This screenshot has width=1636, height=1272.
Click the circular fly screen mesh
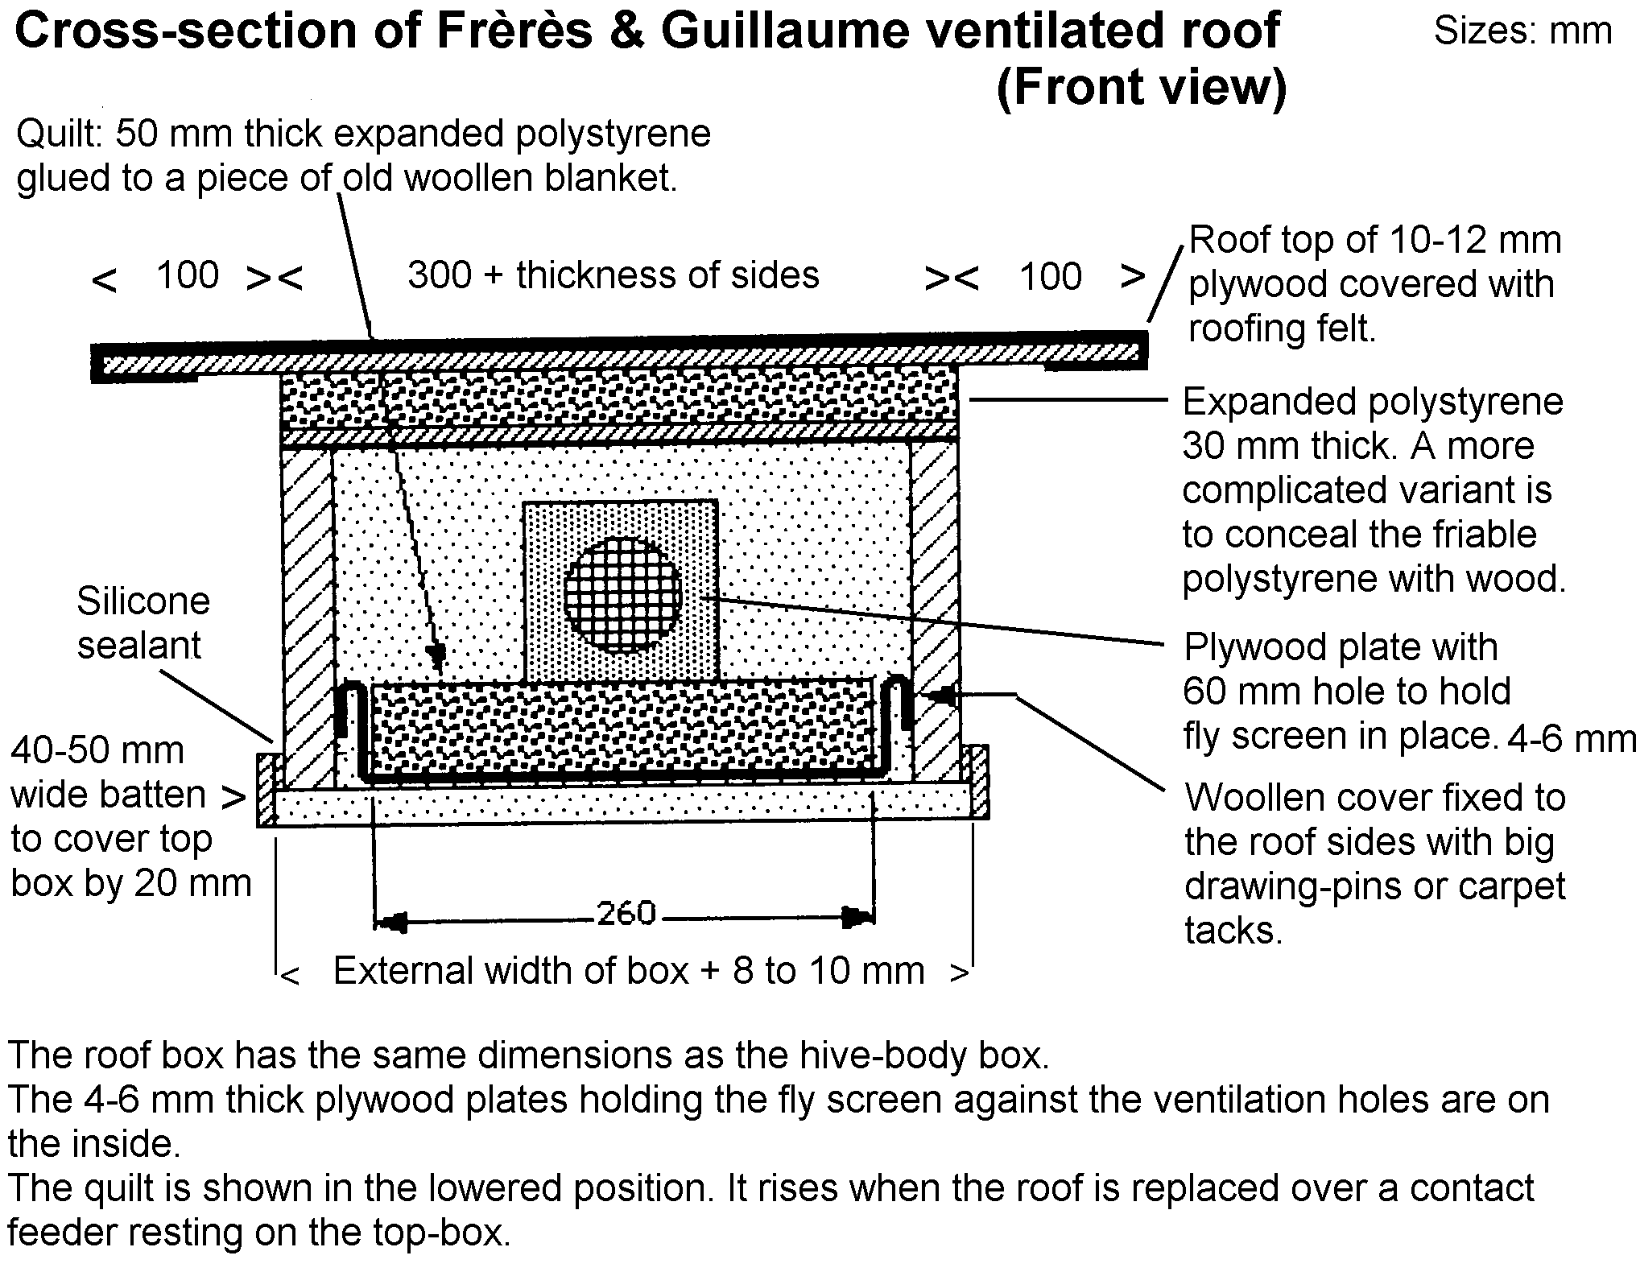click(x=622, y=595)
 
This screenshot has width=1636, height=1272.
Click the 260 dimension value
click(x=626, y=914)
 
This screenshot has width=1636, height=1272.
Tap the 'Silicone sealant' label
click(x=143, y=623)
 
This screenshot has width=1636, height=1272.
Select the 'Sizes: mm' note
click(x=1522, y=31)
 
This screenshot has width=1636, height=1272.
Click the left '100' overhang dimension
click(x=188, y=275)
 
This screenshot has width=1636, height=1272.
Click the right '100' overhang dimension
click(x=1050, y=277)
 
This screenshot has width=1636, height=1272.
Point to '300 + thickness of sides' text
click(x=613, y=275)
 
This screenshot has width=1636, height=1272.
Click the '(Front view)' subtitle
click(x=1141, y=87)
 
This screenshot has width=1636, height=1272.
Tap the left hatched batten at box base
click(x=266, y=789)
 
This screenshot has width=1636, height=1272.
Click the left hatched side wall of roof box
click(x=307, y=612)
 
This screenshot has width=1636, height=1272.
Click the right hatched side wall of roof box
click(x=935, y=612)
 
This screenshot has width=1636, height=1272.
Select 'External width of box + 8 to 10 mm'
click(x=628, y=971)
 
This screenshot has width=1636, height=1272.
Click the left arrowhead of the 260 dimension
click(x=392, y=917)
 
